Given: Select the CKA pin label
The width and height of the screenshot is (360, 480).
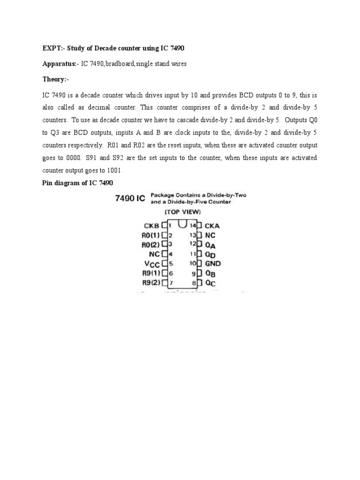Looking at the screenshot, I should point(212,225).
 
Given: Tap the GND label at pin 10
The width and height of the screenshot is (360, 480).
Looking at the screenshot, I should point(213,263).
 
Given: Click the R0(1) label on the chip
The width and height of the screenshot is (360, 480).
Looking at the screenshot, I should point(150,235).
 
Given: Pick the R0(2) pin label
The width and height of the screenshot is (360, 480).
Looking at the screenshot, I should point(150,244).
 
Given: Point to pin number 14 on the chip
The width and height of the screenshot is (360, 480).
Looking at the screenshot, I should point(192,225).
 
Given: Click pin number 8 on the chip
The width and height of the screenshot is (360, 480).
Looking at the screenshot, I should point(194,283).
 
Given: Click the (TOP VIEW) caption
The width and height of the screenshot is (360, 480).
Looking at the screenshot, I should point(181,211).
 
